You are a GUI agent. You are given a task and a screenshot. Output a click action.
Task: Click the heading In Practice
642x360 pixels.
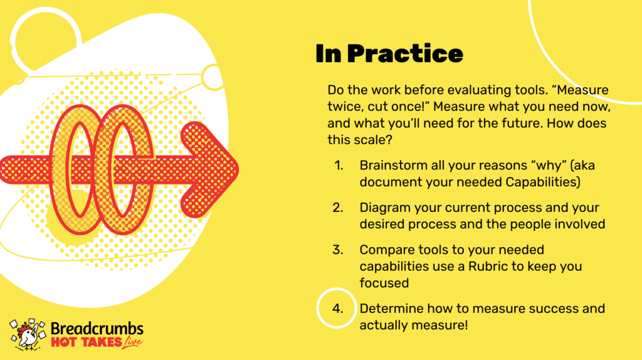pos(389,54)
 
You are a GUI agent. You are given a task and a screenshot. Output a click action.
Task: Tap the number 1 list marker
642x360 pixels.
pos(339,166)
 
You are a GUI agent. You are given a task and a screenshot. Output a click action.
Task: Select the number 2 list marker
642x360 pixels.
pos(338,208)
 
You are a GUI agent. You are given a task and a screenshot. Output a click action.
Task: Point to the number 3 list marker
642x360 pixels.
pos(338,250)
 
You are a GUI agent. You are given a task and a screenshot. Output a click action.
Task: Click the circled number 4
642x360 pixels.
pos(337,309)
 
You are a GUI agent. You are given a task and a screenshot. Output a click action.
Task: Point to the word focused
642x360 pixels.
pos(384,283)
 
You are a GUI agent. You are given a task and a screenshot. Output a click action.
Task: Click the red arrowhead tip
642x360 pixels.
pos(238,169)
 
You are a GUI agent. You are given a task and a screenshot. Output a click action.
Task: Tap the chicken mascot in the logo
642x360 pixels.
pos(28,335)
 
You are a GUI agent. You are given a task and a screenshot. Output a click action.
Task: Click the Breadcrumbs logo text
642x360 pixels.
pos(97,329)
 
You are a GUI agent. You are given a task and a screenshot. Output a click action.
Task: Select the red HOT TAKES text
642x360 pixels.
pos(87,342)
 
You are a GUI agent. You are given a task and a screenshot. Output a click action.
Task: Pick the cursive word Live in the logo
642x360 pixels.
pos(132,343)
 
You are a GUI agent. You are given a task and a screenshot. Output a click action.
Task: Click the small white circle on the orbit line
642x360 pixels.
pos(213,77)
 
